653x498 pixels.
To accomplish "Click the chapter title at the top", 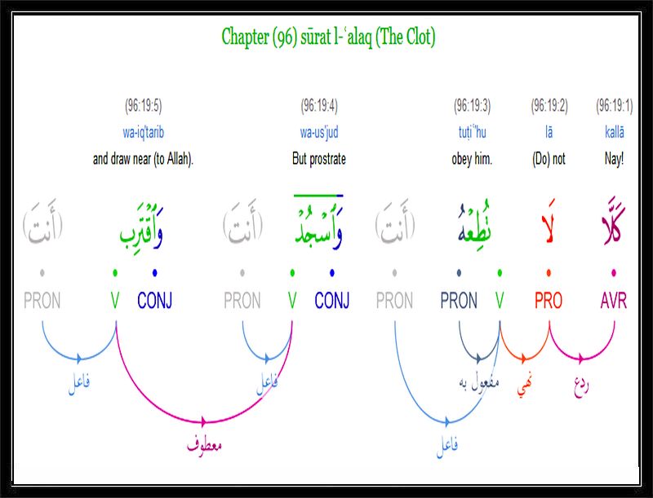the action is pos(328,37).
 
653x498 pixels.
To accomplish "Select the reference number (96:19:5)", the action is pos(144,106).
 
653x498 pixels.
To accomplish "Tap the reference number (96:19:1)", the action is pos(615,106).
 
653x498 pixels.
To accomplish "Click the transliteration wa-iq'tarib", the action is pos(144,133).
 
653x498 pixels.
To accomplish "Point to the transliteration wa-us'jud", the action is pos(319,133).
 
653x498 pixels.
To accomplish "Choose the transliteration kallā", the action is pos(615,132).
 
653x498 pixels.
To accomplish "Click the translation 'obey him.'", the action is pos(472,159).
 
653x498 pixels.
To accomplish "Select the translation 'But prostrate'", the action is pos(319,159).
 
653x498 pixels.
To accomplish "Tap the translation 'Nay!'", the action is pos(615,159).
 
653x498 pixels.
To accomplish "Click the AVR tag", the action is pos(614,301).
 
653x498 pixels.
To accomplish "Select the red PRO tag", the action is pos(549,301).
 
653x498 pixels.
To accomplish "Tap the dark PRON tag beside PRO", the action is pos(459,301).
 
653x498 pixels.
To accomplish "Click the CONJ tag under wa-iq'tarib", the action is pos(154,301).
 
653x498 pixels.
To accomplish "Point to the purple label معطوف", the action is pos(204,445).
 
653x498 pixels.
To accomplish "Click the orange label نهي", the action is pos(525,386).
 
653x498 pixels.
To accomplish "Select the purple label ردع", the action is pos(582,386).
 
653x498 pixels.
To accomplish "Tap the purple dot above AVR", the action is pos(614,273).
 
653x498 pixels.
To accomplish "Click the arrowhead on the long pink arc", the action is pos(203,421).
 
